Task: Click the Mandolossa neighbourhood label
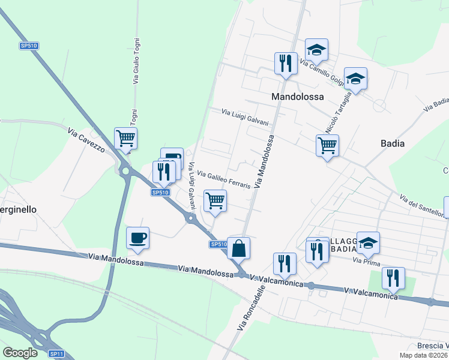[x=297, y=96]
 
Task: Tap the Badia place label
[x=393, y=143]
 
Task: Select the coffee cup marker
[x=137, y=238]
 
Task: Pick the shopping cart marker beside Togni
[x=126, y=138]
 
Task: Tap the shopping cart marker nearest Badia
[x=327, y=145]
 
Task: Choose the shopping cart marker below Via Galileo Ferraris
[x=215, y=200]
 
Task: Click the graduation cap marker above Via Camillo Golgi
[x=316, y=49]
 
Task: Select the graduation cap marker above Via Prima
[x=368, y=242]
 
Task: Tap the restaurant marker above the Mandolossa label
[x=285, y=63]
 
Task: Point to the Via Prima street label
[x=366, y=260]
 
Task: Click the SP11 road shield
[x=56, y=354]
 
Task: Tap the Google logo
[x=20, y=353]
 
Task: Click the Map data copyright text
[x=423, y=355]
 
